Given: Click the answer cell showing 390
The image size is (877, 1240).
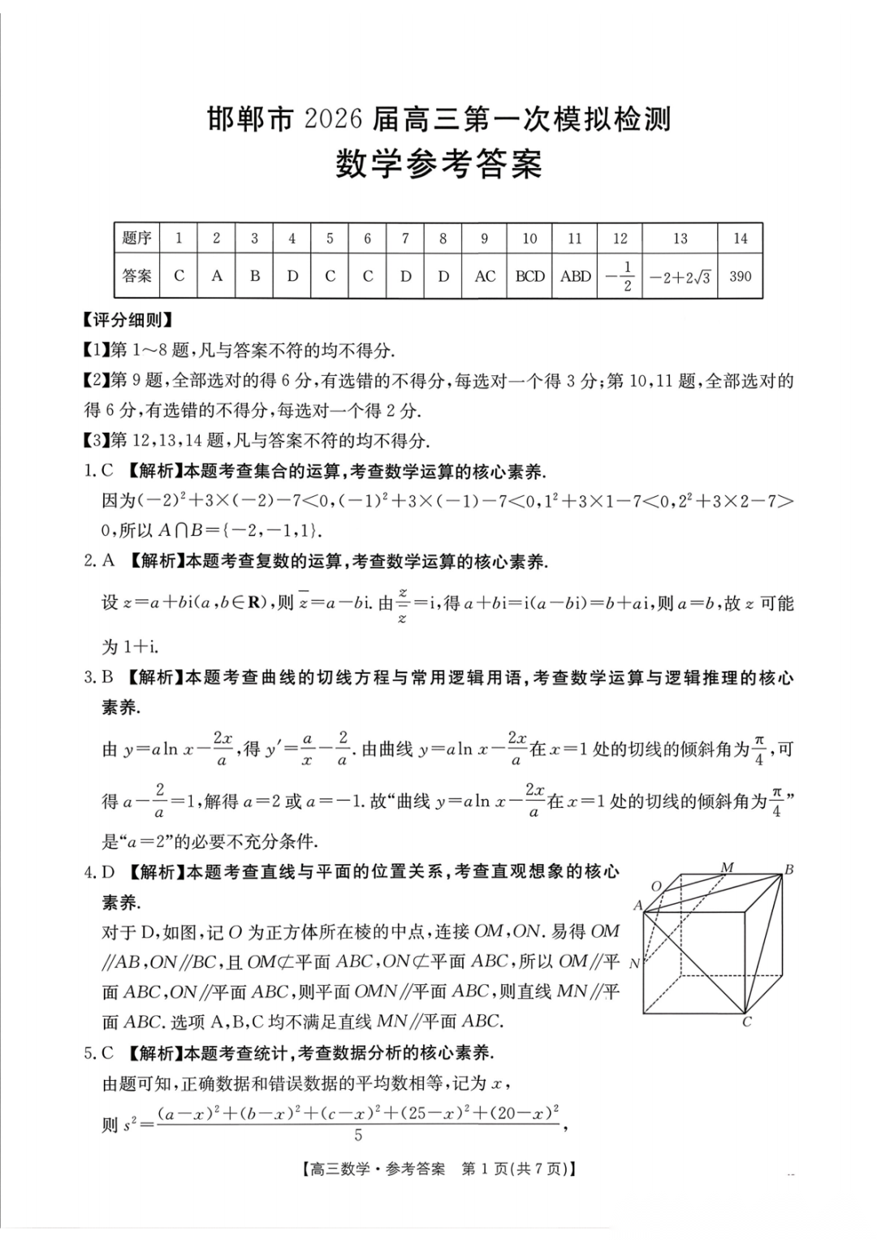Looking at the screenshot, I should coord(740,276).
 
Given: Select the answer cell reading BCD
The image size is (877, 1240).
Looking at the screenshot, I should coord(529,276).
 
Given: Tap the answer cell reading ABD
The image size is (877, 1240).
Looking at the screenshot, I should coord(575,276).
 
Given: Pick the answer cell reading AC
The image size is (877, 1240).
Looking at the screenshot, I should coord(485,276).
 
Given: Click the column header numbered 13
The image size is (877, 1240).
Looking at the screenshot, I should coord(680,239).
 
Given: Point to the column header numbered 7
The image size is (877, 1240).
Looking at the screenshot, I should coord(405,239).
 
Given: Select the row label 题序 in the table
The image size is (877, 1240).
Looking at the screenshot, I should coord(136,239).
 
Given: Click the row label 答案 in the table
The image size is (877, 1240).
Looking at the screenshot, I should coord(136,276).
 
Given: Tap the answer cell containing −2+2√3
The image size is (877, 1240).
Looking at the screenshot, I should coord(680,277).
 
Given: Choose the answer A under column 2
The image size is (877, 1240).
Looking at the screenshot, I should coord(217,276).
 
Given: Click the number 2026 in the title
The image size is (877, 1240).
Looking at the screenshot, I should coord(333,120).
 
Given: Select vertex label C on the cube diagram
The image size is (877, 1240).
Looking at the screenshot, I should coord(747,1022).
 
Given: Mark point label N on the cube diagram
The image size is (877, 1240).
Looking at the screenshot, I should coord(634,964).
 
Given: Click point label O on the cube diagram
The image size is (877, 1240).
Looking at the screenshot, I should coord(657,886).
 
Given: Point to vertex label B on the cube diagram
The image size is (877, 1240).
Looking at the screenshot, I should coord(788,870).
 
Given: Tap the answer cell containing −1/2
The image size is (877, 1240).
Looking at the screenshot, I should coord(620,276).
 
